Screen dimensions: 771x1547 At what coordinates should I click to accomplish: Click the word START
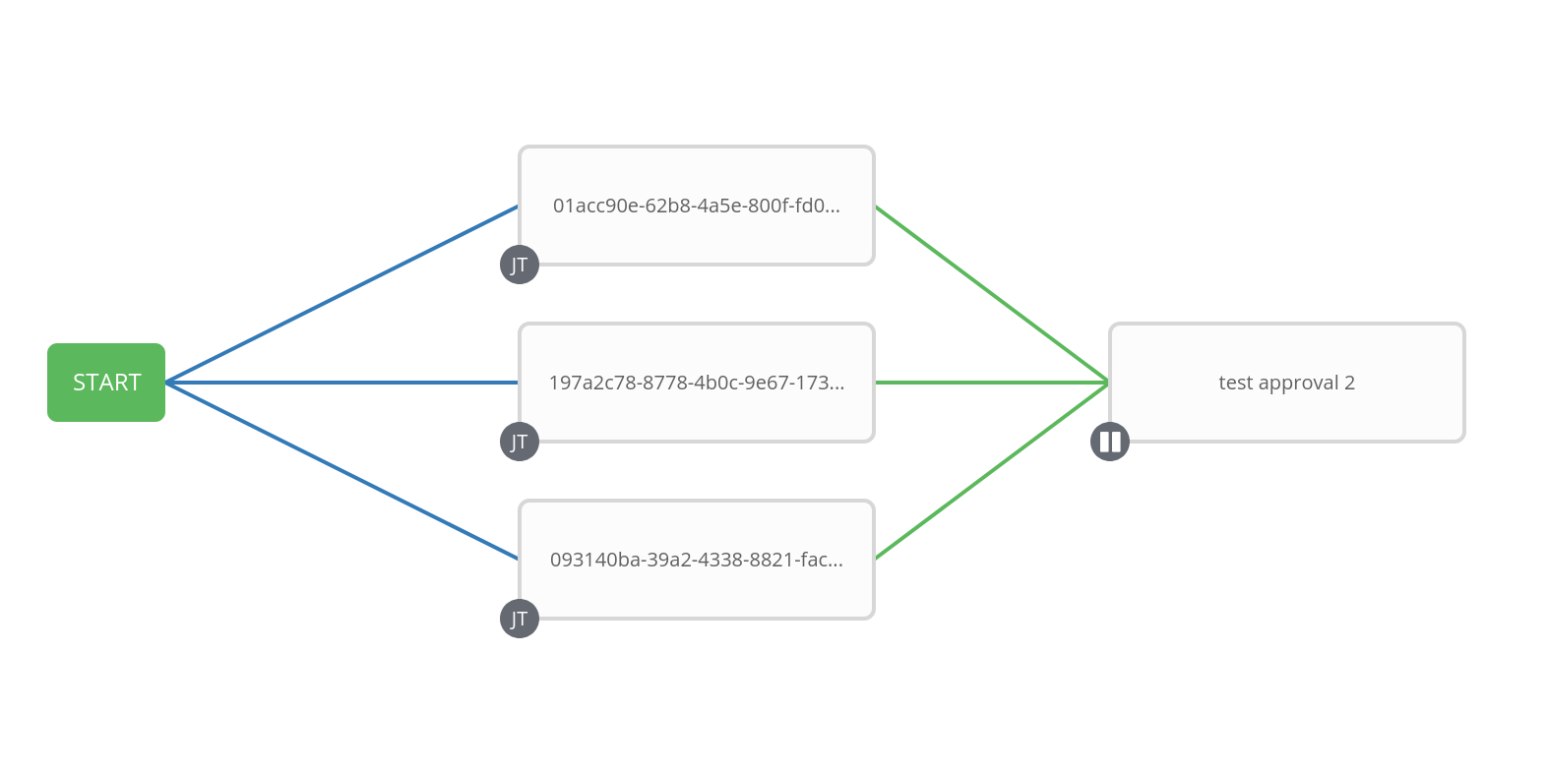click(x=106, y=383)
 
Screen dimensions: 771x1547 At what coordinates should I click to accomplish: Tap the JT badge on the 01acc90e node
click(x=520, y=265)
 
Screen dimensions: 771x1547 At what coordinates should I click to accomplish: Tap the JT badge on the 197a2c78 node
click(x=520, y=442)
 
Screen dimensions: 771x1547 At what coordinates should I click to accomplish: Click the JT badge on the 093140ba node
click(x=520, y=619)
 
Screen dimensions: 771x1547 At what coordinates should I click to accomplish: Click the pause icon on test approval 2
click(x=1110, y=442)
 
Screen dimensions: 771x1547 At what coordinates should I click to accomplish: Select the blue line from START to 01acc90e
click(x=341, y=294)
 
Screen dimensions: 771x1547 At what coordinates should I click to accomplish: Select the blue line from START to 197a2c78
click(x=341, y=383)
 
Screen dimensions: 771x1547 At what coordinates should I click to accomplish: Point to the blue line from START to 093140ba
click(x=341, y=471)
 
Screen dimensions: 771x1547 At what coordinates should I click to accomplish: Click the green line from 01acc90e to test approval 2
click(x=992, y=294)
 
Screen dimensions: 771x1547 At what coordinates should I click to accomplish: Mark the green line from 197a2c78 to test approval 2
click(x=992, y=383)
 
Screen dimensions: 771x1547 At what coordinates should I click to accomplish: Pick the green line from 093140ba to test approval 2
click(x=992, y=471)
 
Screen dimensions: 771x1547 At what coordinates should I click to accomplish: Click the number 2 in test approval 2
click(x=1349, y=383)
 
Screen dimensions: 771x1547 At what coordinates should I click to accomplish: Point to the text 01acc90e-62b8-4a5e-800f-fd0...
click(x=696, y=206)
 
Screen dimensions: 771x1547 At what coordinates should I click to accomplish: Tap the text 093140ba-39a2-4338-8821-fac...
click(x=696, y=560)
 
